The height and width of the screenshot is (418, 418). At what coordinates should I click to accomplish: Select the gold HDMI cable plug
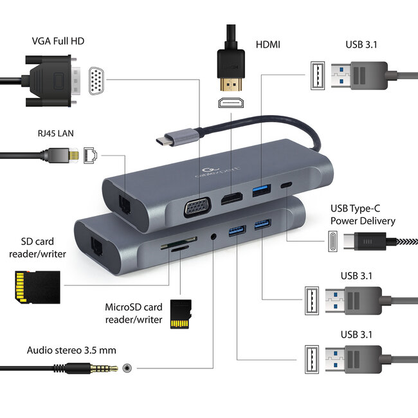click(x=228, y=84)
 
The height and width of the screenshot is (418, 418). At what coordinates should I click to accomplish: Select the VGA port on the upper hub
click(x=195, y=208)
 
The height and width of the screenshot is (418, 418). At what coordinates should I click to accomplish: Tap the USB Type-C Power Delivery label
click(x=363, y=214)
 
